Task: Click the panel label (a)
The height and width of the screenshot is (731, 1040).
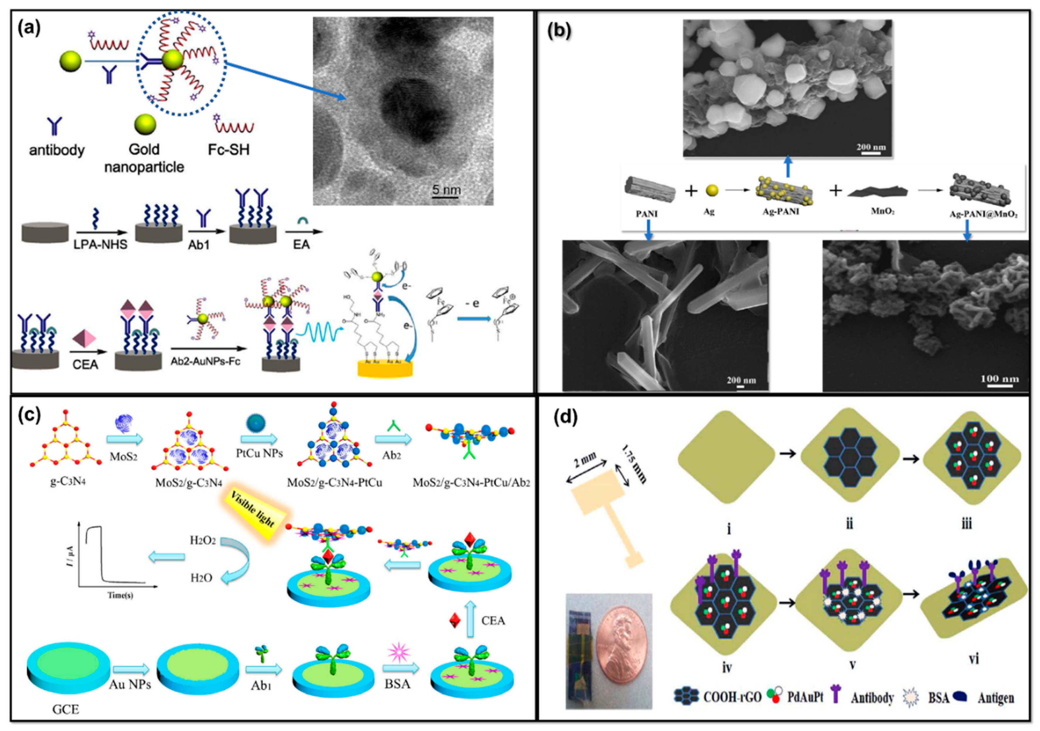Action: point(29,28)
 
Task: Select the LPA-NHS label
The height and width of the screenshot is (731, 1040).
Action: point(100,245)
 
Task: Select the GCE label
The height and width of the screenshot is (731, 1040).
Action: point(65,708)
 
